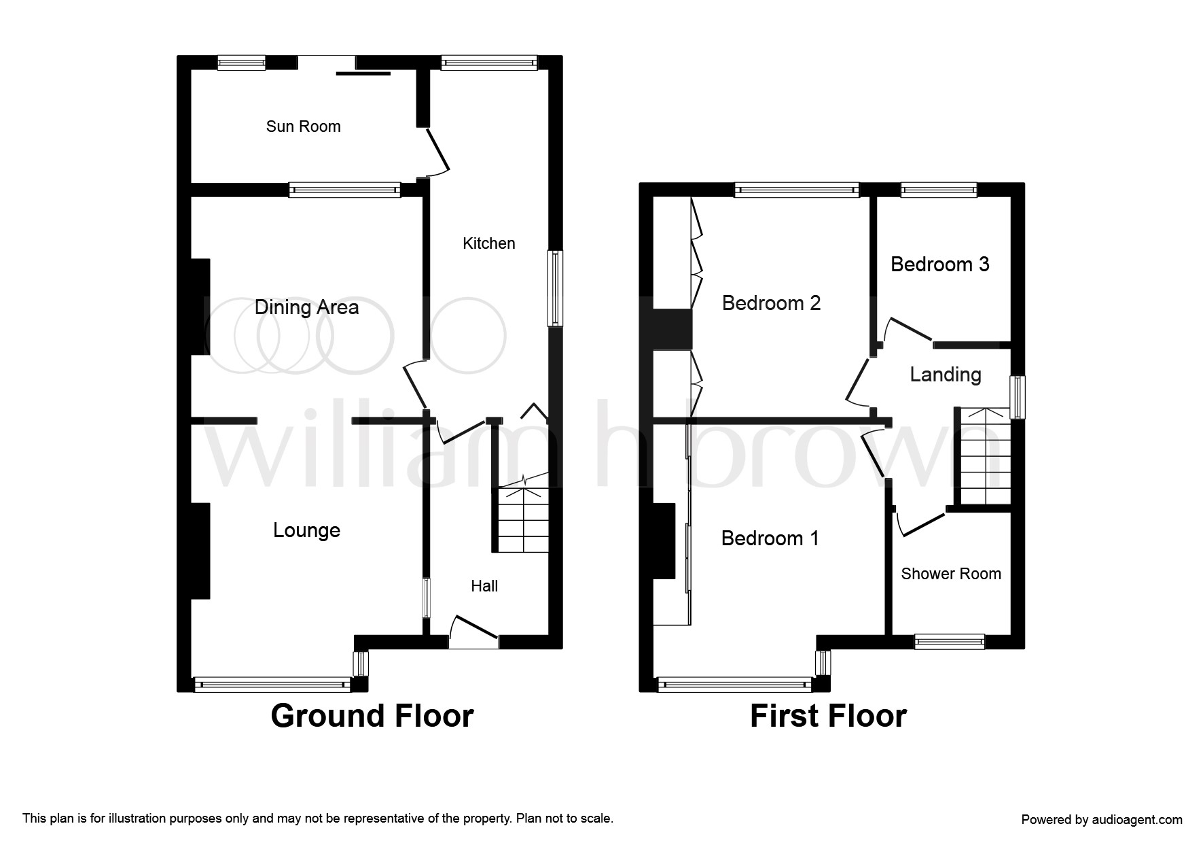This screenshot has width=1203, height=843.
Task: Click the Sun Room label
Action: [303, 126]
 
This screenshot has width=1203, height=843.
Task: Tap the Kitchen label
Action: [489, 243]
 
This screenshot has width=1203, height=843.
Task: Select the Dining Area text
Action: [306, 308]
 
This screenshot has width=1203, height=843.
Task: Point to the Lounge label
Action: [306, 531]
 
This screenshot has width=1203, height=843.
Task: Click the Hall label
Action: [484, 586]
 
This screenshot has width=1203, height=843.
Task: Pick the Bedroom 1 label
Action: [770, 538]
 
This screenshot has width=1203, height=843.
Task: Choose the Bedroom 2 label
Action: [771, 303]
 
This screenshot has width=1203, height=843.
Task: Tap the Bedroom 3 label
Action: [939, 264]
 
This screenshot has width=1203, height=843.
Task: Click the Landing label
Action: [946, 375]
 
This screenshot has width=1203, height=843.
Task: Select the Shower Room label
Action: [951, 574]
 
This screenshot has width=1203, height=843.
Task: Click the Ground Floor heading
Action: [372, 717]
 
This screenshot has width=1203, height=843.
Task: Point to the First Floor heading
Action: [828, 717]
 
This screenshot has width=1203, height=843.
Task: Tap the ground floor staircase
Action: [522, 519]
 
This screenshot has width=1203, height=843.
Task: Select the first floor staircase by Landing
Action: [984, 456]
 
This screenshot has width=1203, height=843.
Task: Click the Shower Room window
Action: [949, 641]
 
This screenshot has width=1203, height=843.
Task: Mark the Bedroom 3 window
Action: [939, 190]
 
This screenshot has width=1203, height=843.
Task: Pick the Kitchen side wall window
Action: [556, 288]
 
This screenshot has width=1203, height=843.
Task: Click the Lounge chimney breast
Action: [200, 551]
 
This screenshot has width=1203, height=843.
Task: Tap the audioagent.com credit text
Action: [1102, 820]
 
